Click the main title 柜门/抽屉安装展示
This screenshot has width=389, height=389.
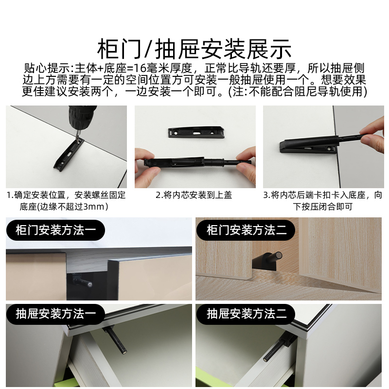pos(194,49)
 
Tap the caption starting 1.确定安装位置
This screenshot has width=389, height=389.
pos(66,201)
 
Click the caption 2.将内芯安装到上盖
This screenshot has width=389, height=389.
pos(194,195)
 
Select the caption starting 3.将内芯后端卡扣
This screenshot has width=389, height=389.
pos(323,201)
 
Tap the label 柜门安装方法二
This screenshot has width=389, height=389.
pos(247,230)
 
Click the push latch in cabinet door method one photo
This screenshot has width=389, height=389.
pos(80,281)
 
